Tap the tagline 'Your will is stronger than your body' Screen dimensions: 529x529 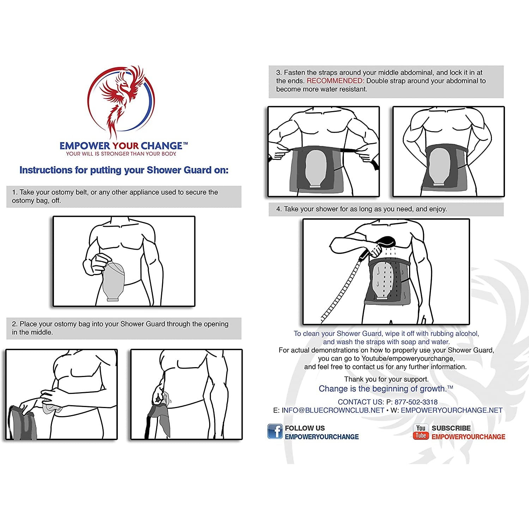click(121, 154)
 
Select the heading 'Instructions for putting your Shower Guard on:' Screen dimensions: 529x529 click(124, 170)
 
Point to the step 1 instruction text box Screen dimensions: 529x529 click(124, 196)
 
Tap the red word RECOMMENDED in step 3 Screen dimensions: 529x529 click(335, 81)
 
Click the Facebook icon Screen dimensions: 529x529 click(275, 432)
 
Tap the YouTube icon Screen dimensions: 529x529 click(421, 432)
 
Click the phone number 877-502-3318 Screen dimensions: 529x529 click(416, 402)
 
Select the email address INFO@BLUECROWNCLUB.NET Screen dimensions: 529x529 click(333, 411)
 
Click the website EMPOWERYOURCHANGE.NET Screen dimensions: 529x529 click(451, 411)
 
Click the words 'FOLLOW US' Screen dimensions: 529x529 click(305, 428)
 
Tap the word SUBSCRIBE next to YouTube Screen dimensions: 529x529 click(451, 428)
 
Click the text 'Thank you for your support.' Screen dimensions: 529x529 click(386, 379)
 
